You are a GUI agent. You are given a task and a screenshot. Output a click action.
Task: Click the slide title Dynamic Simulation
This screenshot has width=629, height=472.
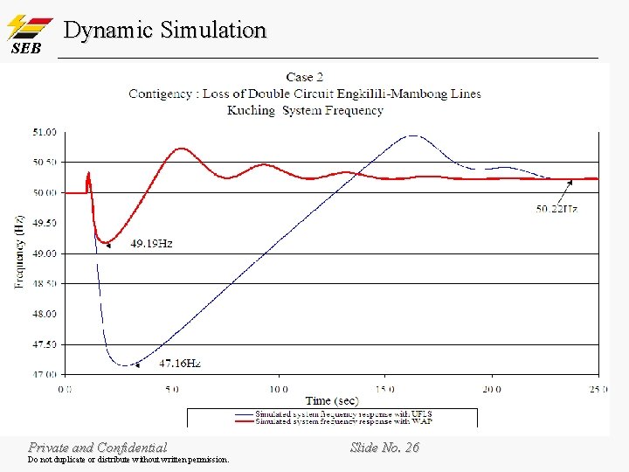165,30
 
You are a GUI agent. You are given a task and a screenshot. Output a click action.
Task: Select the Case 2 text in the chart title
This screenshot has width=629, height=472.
305,77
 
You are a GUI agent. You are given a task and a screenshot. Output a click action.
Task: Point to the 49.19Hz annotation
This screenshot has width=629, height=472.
151,243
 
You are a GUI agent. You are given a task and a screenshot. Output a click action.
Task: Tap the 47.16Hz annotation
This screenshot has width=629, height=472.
180,363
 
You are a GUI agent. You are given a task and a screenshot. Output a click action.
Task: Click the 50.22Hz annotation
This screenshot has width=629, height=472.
556,209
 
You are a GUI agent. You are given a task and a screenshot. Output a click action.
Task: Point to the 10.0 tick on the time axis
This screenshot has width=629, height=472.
278,388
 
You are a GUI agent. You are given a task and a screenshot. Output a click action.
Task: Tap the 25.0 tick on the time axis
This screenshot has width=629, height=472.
596,388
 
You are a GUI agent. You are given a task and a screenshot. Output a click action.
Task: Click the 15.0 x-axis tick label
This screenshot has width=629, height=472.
384,388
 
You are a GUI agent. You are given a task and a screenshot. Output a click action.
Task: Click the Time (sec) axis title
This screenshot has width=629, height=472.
332,400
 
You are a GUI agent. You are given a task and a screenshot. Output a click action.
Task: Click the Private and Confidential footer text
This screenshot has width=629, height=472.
97,448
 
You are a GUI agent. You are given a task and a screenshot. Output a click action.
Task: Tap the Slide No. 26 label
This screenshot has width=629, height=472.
384,448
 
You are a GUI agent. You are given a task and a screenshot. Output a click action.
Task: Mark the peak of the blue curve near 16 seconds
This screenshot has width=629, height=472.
411,135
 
